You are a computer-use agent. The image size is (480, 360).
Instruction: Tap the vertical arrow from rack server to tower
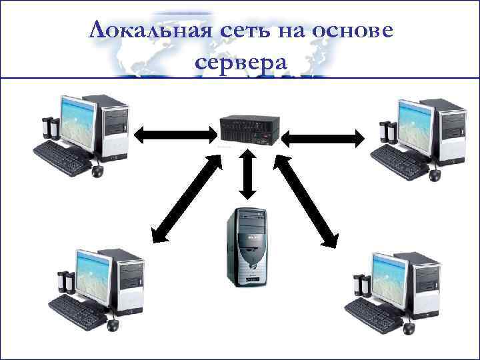248,175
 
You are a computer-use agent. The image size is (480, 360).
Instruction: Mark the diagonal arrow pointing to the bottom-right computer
307,200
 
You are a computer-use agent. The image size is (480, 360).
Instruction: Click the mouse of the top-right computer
435,175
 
